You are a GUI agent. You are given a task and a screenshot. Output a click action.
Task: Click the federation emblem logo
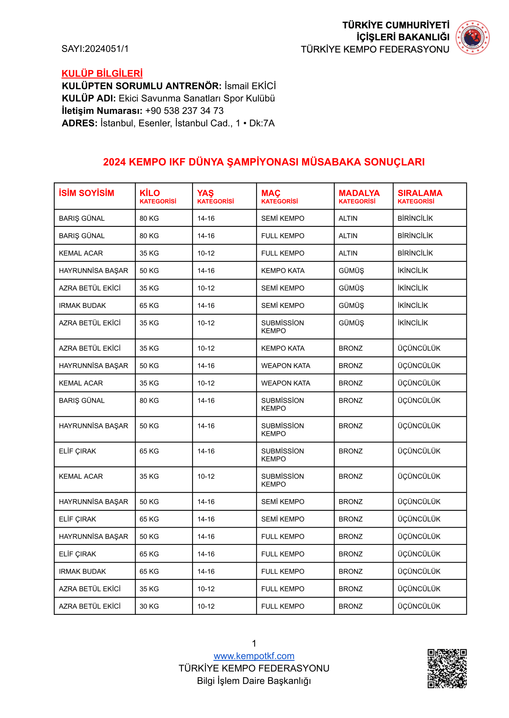click(472, 37)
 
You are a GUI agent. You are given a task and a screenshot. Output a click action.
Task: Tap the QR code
click(447, 668)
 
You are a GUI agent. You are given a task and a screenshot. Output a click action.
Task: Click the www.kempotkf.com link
click(254, 656)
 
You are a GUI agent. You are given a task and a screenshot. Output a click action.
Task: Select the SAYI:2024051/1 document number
click(95, 49)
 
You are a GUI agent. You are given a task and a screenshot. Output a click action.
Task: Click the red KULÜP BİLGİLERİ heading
click(102, 74)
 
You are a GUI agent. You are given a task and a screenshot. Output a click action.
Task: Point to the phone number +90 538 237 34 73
click(184, 111)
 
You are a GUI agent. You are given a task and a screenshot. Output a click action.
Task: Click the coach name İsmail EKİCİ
click(250, 86)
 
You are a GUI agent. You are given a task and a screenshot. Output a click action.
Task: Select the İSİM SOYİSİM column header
click(86, 193)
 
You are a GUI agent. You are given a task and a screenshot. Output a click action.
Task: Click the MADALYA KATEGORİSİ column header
click(359, 196)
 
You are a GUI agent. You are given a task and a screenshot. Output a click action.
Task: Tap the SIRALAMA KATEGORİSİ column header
click(420, 196)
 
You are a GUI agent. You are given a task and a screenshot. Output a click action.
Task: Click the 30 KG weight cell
click(149, 606)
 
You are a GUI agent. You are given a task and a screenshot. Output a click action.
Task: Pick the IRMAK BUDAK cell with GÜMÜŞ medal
click(82, 305)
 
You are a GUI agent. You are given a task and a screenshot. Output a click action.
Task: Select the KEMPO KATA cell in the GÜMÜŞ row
click(283, 271)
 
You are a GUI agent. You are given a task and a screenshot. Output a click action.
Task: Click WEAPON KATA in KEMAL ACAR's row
click(286, 383)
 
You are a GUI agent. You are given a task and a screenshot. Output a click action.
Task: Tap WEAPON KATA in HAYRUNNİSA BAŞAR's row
click(286, 366)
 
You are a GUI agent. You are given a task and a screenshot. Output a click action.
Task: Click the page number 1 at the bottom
click(254, 643)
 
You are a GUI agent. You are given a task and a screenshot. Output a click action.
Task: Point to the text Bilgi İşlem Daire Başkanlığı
click(254, 681)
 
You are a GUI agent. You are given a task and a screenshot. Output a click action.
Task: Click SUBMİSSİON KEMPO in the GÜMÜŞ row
click(282, 327)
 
